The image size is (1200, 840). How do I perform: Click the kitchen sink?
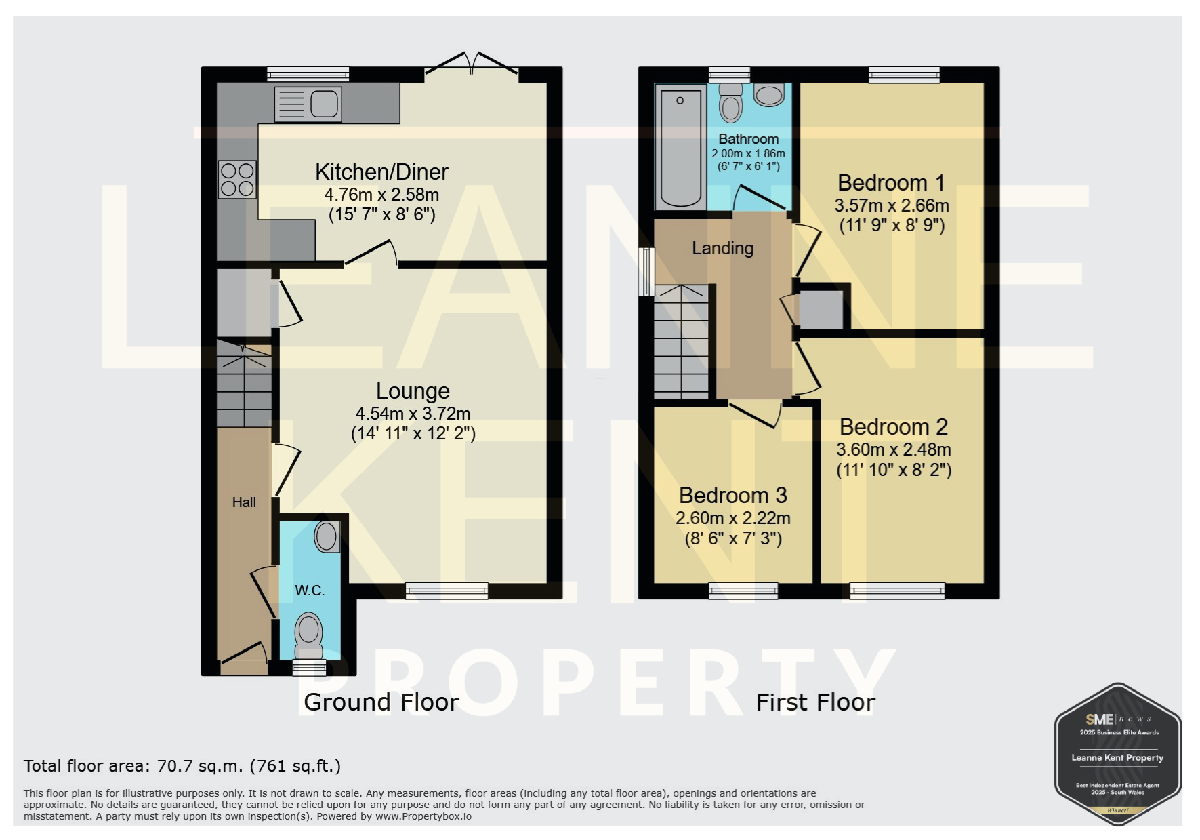(x=308, y=104)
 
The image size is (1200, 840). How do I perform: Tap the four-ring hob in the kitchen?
(x=237, y=179)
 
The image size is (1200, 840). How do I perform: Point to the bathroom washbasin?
(x=768, y=95)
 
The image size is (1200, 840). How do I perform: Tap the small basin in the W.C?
(x=327, y=536)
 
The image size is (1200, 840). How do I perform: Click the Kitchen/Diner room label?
(x=381, y=172)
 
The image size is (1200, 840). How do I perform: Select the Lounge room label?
(x=413, y=391)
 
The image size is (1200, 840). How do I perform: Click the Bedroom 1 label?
(x=891, y=183)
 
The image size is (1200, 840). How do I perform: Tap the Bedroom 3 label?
(x=733, y=496)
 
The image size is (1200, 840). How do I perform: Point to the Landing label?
(x=722, y=249)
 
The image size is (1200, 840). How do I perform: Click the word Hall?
(x=244, y=502)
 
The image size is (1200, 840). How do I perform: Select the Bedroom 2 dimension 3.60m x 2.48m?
(x=894, y=449)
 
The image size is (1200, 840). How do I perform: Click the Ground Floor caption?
(x=381, y=702)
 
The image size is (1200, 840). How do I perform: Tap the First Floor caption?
(x=816, y=702)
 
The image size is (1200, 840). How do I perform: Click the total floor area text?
(x=182, y=766)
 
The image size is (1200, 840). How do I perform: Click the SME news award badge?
(x=1118, y=754)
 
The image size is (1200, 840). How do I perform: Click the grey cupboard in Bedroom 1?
(x=821, y=310)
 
